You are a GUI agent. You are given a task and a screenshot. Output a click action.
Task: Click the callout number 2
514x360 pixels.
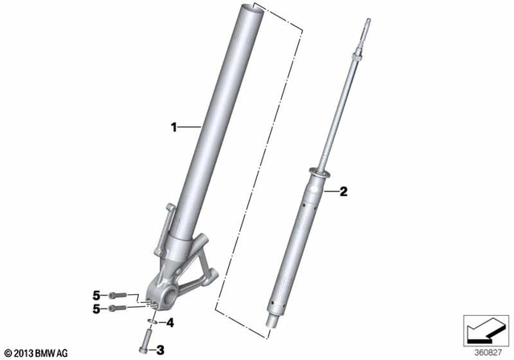tap(342, 191)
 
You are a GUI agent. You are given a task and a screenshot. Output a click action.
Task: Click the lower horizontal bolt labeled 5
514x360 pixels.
tap(120, 306)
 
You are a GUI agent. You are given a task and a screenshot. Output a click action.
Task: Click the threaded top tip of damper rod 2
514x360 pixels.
tap(366, 24)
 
